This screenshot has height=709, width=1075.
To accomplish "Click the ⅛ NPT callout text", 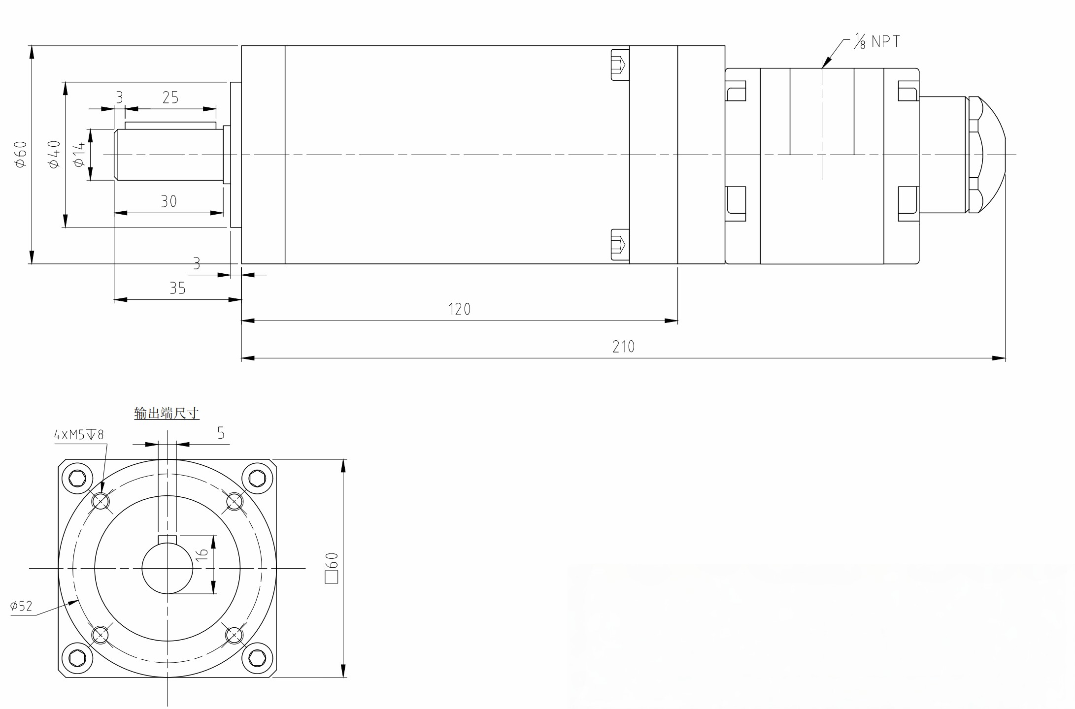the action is [x=877, y=41].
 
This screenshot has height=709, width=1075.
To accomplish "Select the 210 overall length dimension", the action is [x=623, y=347].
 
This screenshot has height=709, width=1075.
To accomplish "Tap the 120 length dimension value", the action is [x=459, y=309].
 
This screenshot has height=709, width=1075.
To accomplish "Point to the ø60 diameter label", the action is [x=21, y=154].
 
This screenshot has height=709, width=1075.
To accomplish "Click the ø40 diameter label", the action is [x=54, y=154].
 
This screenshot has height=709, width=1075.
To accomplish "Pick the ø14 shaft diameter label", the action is [x=79, y=155].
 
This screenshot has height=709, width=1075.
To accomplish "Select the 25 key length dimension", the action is [x=170, y=97].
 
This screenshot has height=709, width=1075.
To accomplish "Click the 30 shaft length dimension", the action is [x=168, y=201].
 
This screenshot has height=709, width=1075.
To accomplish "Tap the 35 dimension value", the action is [x=177, y=288].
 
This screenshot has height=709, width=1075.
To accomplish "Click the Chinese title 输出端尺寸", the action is [x=167, y=413].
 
